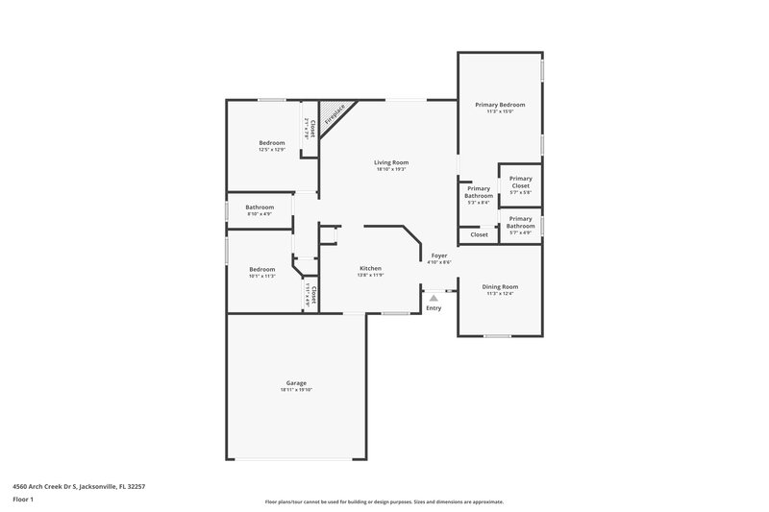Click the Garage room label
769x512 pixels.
[x=296, y=382]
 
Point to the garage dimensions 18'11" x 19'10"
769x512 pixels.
[x=296, y=390]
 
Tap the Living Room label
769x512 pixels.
[x=391, y=162]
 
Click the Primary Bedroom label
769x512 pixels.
[x=500, y=104]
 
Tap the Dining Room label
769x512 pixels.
[x=500, y=286]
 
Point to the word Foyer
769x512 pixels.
[x=439, y=256]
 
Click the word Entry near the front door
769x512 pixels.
[x=434, y=307]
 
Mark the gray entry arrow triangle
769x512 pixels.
[x=434, y=298]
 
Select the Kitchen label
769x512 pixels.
[x=371, y=268]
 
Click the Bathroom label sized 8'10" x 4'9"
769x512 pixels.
[x=260, y=207]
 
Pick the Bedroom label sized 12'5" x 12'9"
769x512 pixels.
[x=272, y=142]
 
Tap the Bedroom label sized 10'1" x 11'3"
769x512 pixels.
[x=262, y=269]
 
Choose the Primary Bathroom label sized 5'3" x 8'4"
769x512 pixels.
[x=479, y=192]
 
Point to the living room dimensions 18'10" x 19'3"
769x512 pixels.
[x=391, y=170]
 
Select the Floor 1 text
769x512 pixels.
[x=24, y=500]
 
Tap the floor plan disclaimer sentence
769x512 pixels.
[x=384, y=501]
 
